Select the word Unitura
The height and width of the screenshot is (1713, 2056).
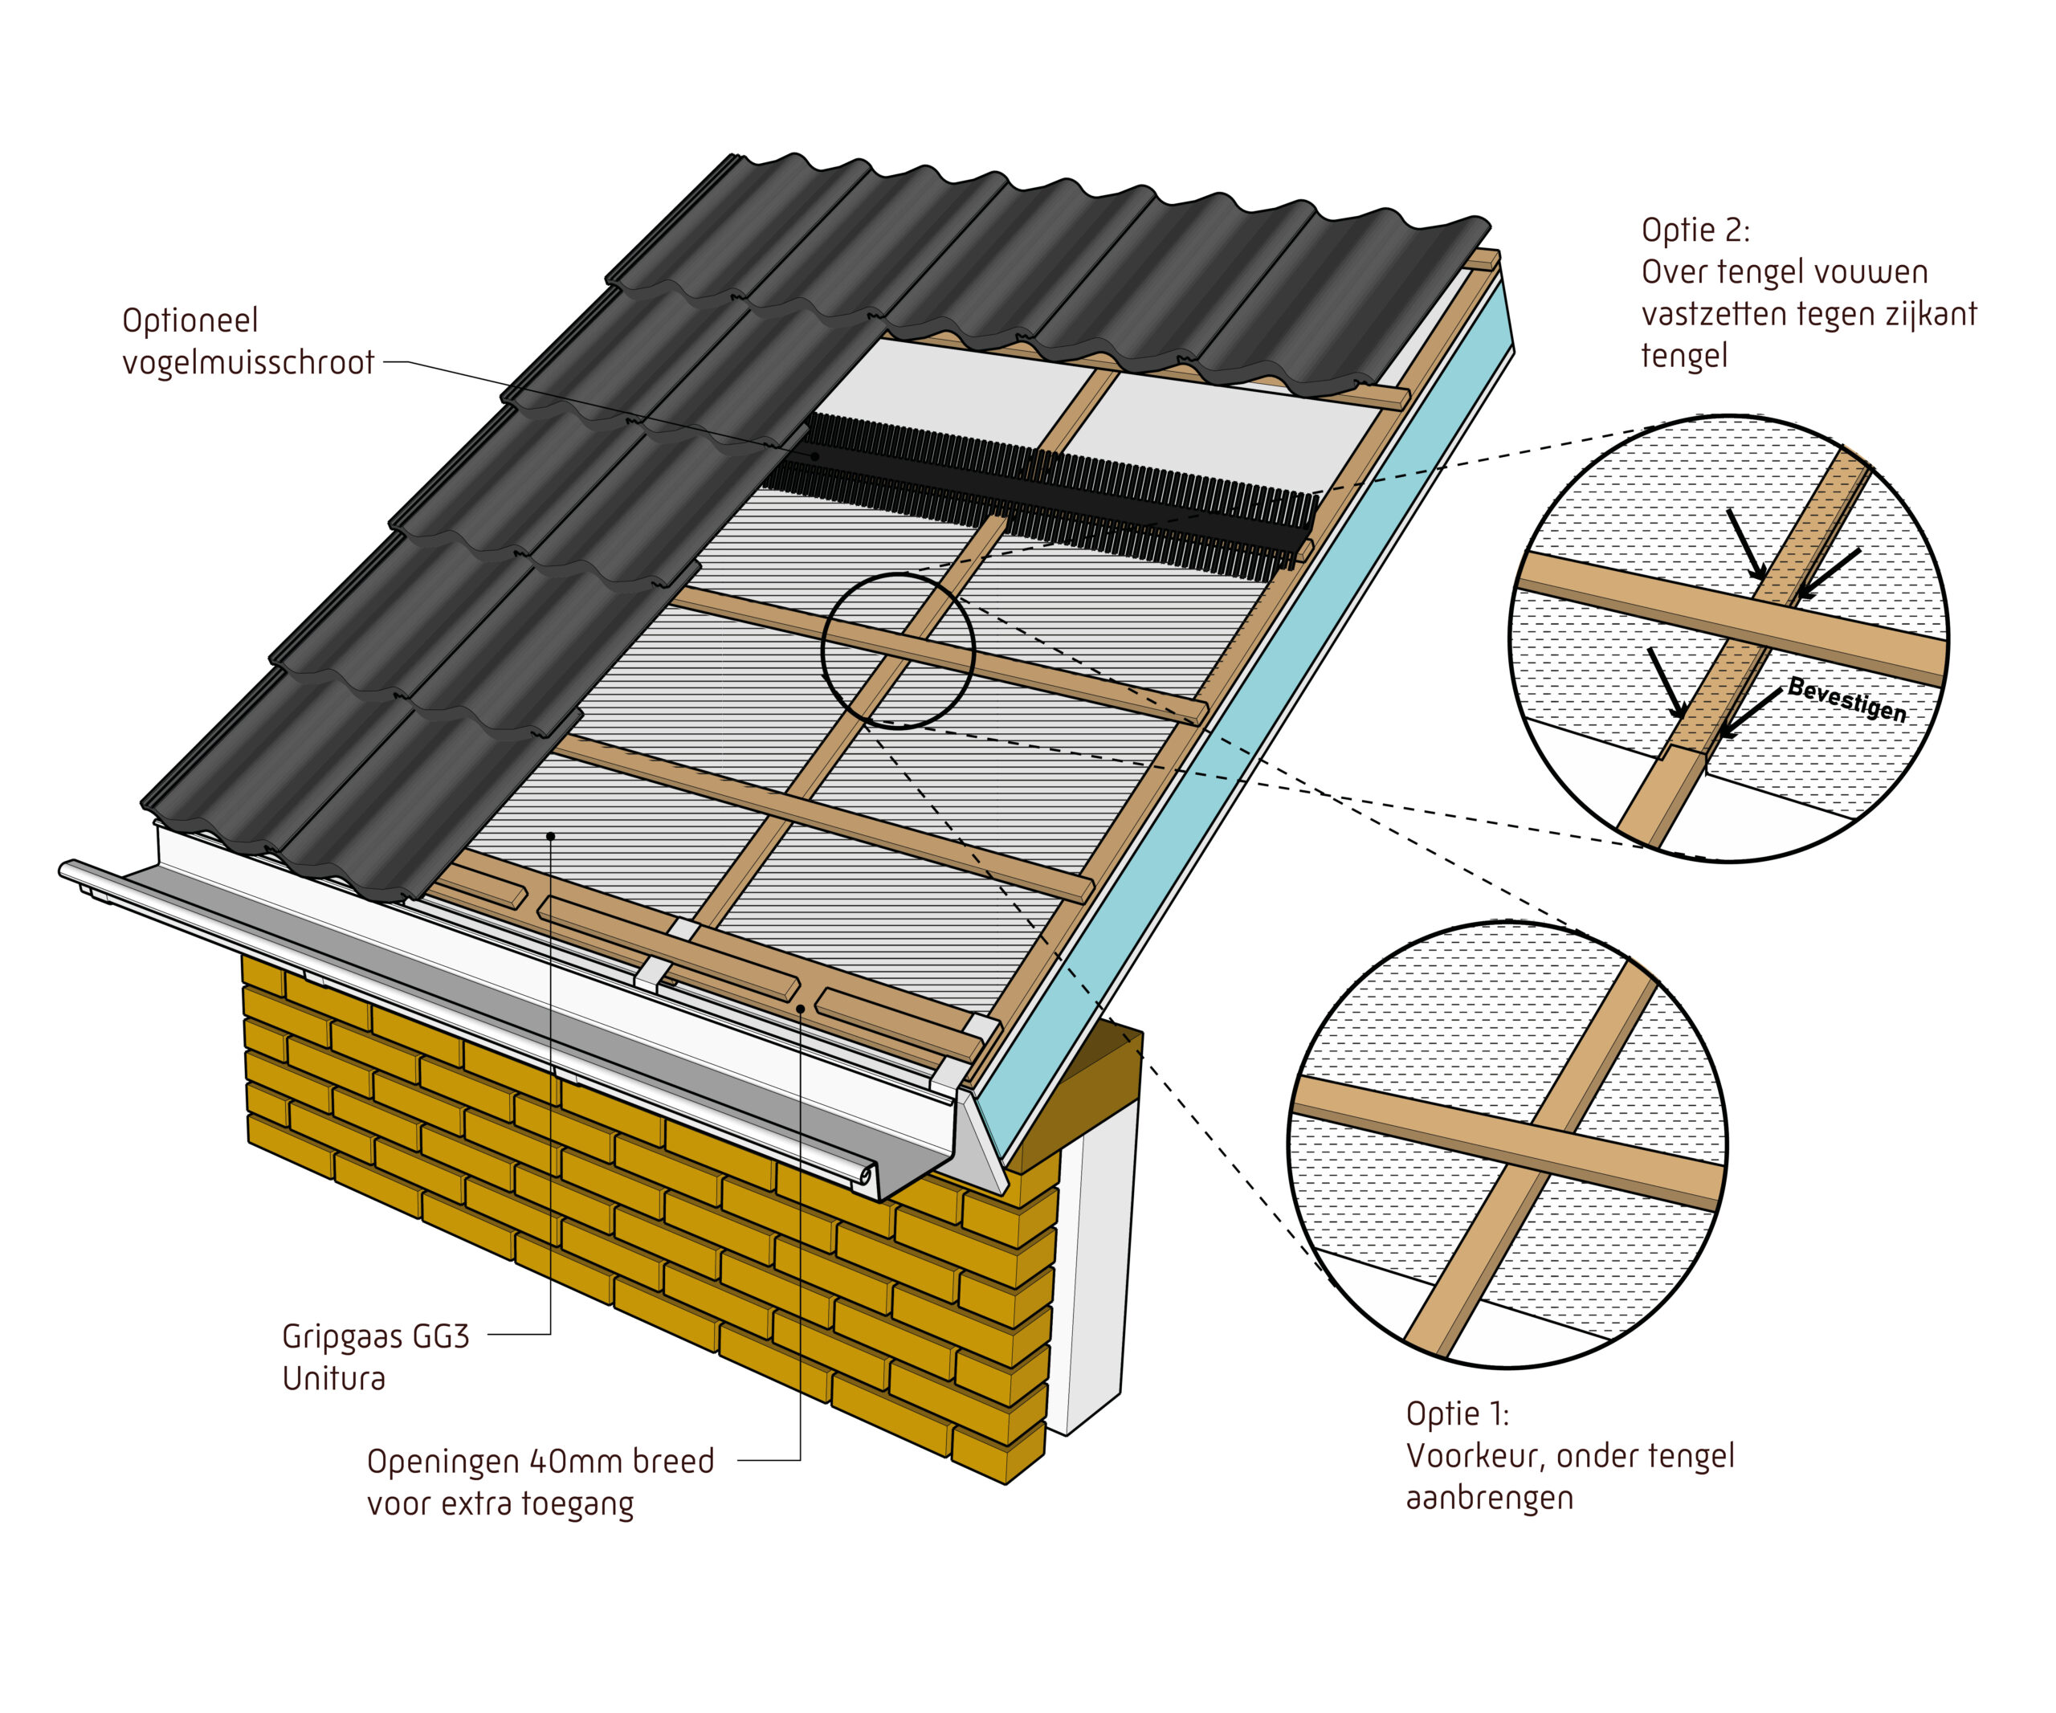[x=334, y=1378]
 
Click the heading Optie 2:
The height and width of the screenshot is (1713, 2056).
[x=1695, y=231]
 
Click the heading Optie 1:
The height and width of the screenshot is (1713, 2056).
[x=1458, y=1414]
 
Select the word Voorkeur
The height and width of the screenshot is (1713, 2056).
[x=1476, y=1457]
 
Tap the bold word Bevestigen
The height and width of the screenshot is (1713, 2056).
[x=1847, y=699]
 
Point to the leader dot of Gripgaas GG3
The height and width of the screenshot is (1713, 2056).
[x=550, y=836]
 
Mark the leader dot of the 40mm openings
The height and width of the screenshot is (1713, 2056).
[x=801, y=1007]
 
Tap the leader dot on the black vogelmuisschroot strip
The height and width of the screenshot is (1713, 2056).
[x=814, y=456]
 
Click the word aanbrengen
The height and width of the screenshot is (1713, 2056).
[x=1489, y=1499]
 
